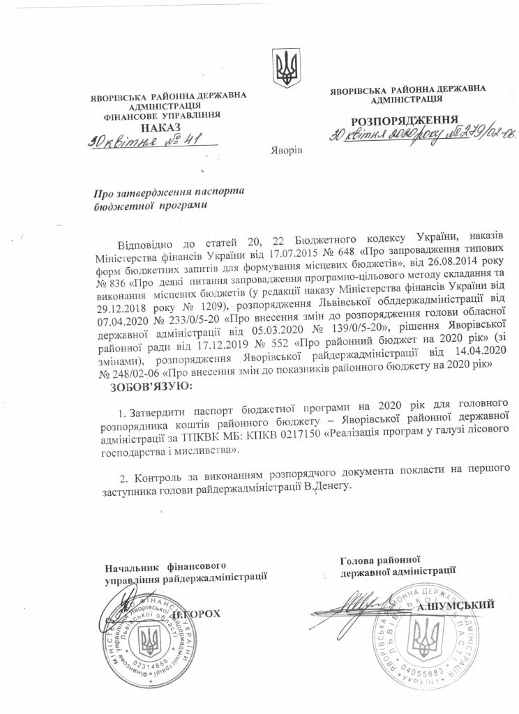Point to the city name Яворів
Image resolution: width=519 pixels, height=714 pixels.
pos(285,151)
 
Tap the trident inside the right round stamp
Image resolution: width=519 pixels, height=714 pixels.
pos(426,635)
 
